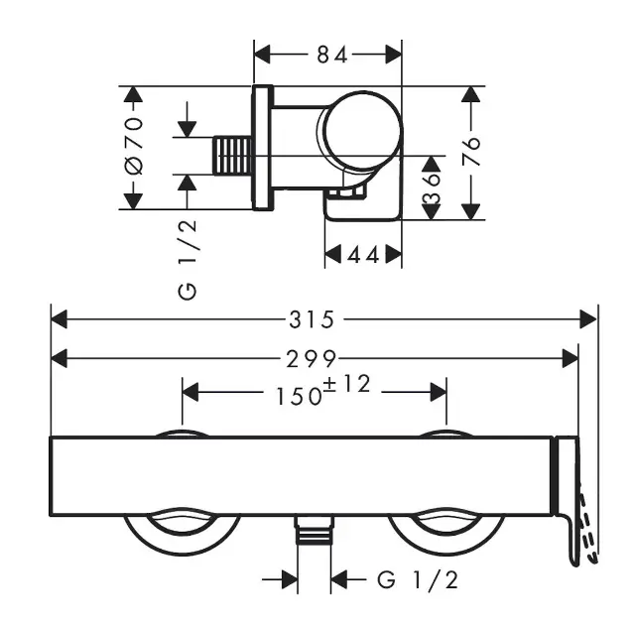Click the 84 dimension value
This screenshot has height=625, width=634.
[x=331, y=56]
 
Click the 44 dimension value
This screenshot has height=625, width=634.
[x=364, y=256]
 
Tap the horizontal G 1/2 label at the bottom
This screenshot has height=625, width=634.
[x=418, y=579]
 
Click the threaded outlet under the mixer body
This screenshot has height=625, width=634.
[x=314, y=534]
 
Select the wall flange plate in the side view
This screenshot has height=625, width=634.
[x=262, y=148]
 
